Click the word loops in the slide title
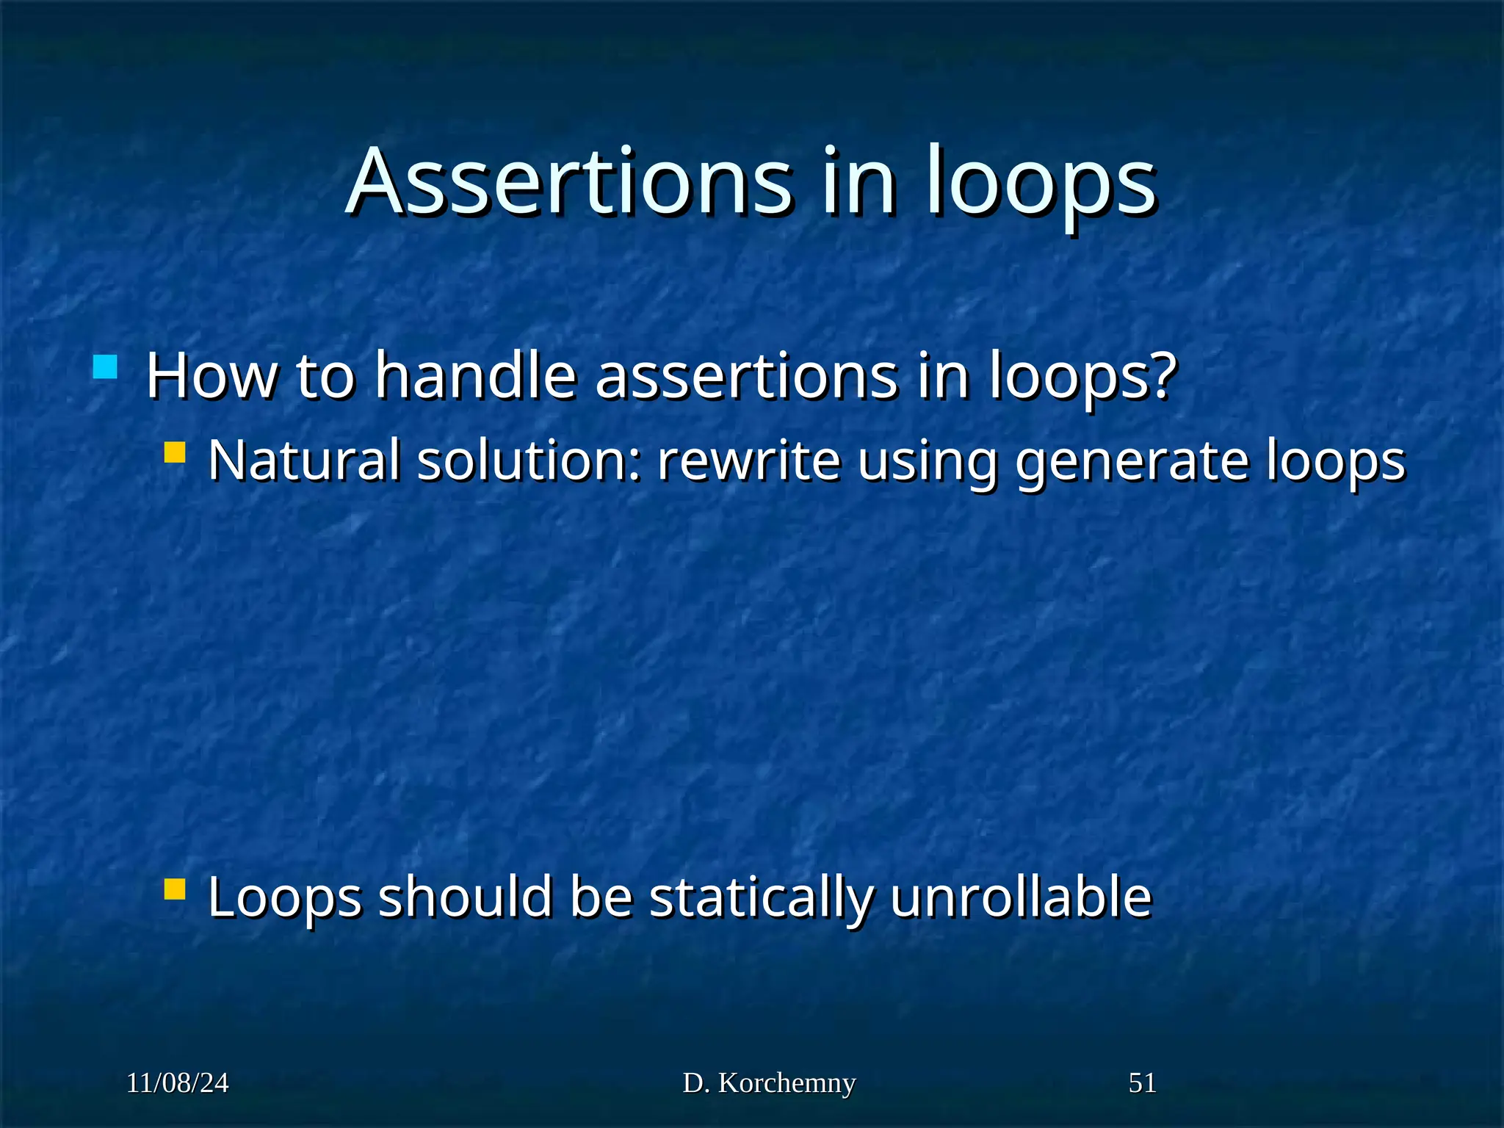point(1041,184)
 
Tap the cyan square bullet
point(106,366)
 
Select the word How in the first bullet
point(211,376)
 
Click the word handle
point(476,376)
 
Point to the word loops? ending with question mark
point(1082,377)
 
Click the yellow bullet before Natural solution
point(175,452)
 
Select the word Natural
point(304,460)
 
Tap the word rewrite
point(748,460)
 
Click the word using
point(927,462)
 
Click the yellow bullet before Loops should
point(175,889)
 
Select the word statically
point(762,898)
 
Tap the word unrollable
point(1021,897)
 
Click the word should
point(465,897)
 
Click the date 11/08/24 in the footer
point(177,1083)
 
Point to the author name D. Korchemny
point(769,1083)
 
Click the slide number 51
point(1142,1083)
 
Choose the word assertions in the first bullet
point(746,376)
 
